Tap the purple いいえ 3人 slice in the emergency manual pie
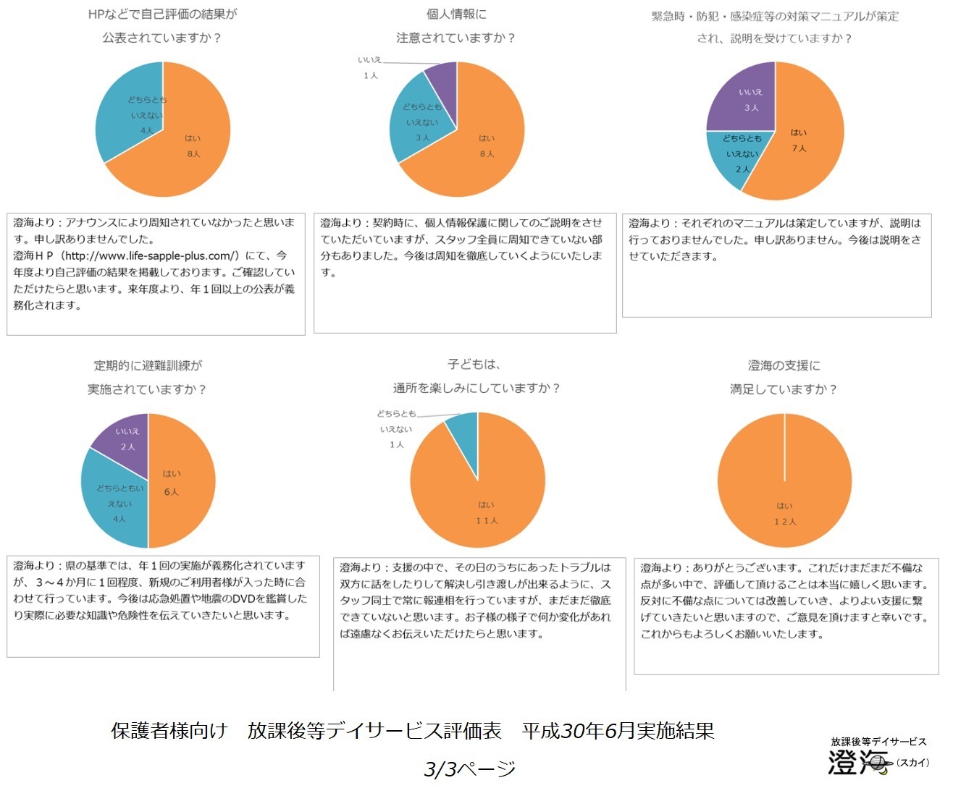click(x=746, y=98)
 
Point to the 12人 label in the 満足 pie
click(x=785, y=522)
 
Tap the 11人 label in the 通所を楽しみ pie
click(x=487, y=520)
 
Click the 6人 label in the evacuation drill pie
click(x=171, y=492)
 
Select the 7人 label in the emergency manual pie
click(x=799, y=148)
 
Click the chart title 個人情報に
click(x=456, y=14)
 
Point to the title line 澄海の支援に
click(x=784, y=365)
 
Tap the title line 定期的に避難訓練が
click(x=148, y=365)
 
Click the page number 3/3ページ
click(x=469, y=769)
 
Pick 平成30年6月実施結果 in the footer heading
click(x=618, y=731)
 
